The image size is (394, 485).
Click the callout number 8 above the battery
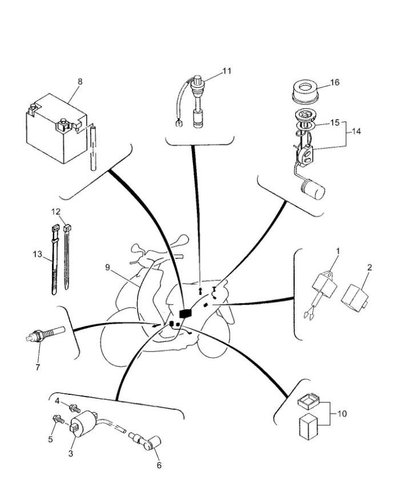79,81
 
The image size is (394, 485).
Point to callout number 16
335,82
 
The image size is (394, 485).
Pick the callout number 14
356,131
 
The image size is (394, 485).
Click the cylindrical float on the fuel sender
312,189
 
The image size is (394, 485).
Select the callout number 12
56,211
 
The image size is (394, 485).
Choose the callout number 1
337,250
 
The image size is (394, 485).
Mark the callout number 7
38,367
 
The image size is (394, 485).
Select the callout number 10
342,413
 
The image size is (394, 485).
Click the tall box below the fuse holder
309,427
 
